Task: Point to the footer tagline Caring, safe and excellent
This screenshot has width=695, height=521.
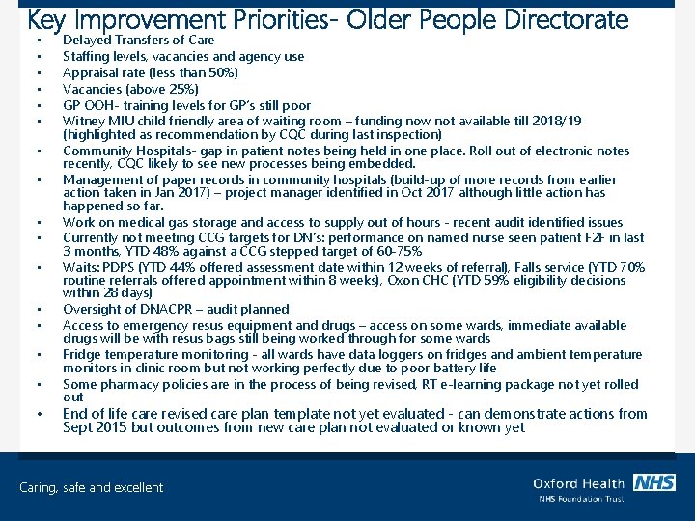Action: [92, 488]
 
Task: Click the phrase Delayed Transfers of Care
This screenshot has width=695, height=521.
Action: [139, 40]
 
